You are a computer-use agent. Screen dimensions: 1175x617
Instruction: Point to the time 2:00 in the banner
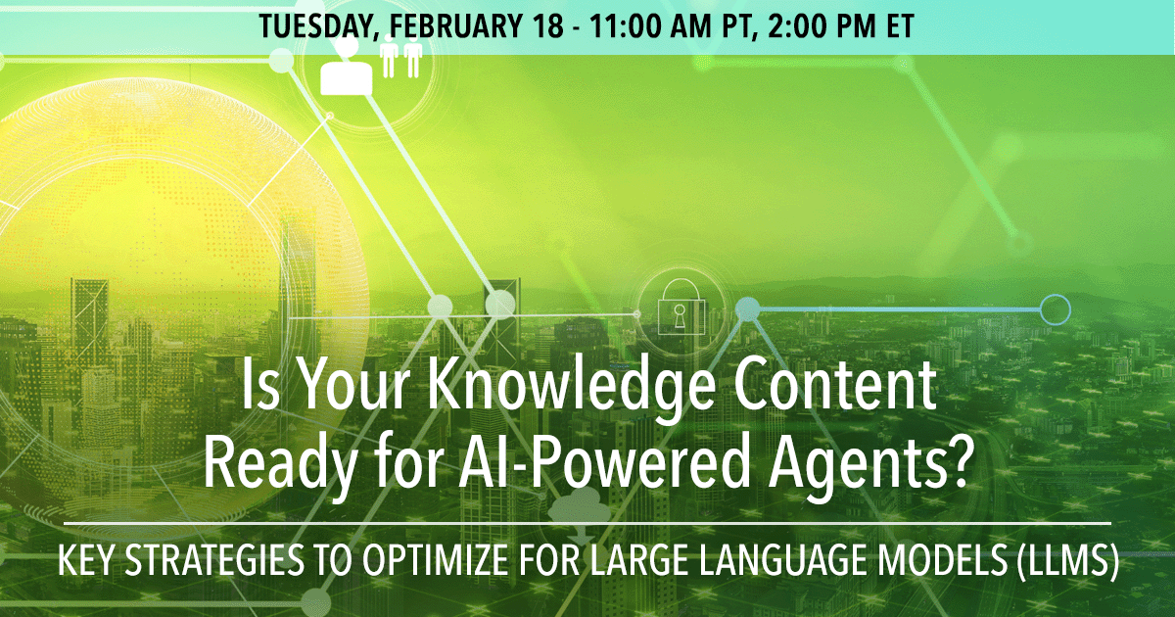(798, 26)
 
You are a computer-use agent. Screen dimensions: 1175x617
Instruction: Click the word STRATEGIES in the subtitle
(214, 560)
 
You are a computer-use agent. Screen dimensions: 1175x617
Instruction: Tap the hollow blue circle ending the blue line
(1055, 309)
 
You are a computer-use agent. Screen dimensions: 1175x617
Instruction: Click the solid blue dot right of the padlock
(748, 309)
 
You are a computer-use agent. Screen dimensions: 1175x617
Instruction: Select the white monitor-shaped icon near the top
(347, 77)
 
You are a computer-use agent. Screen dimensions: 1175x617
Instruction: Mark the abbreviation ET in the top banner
(901, 26)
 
